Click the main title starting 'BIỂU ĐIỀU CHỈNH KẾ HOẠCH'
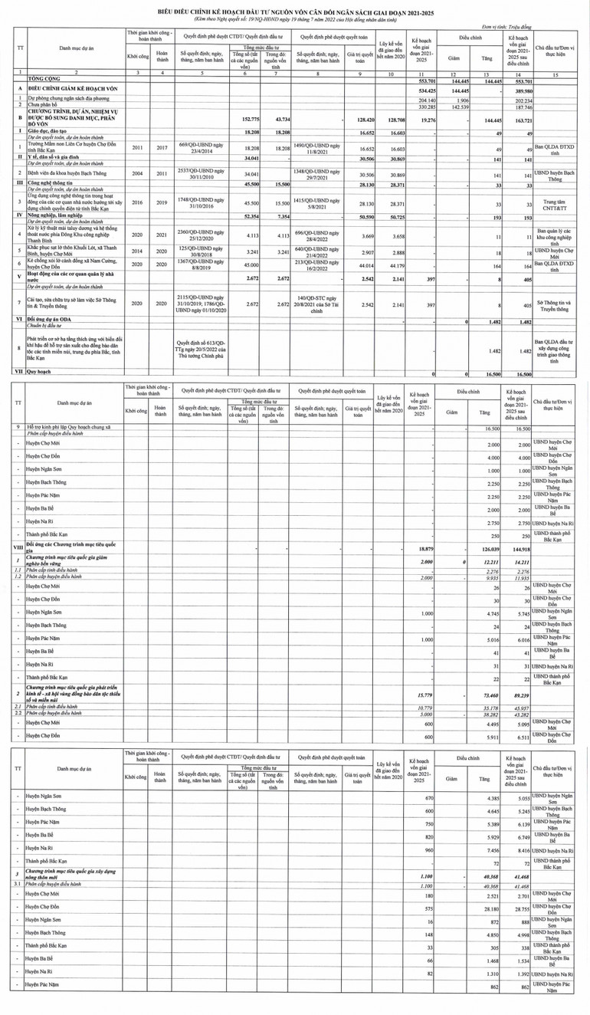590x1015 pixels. click(295, 13)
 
